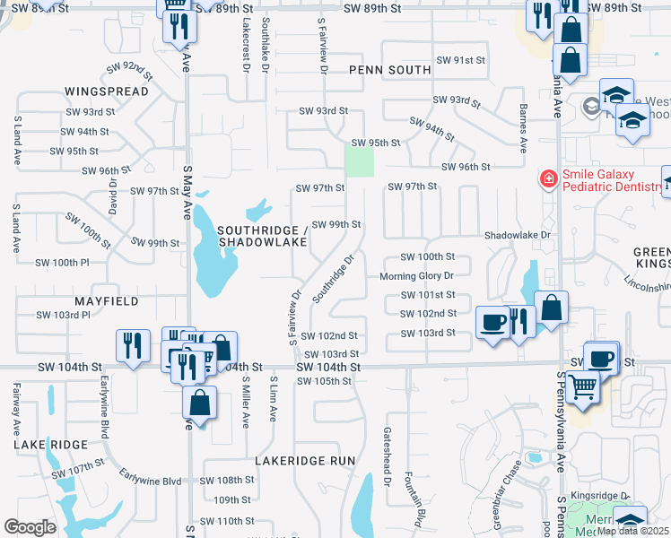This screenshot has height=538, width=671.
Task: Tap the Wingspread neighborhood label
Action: tap(100, 91)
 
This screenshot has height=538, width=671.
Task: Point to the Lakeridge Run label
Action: tap(305, 460)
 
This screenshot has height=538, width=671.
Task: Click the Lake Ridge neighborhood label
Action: tap(49, 444)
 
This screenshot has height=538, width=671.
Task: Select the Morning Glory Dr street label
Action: tap(416, 275)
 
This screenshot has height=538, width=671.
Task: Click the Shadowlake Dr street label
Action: tap(516, 234)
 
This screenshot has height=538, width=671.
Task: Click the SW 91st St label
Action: tap(460, 59)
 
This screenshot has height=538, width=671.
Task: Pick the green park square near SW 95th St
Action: tap(360, 162)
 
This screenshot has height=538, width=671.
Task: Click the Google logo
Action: tap(30, 527)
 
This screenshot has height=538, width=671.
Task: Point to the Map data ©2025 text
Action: tap(632, 531)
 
